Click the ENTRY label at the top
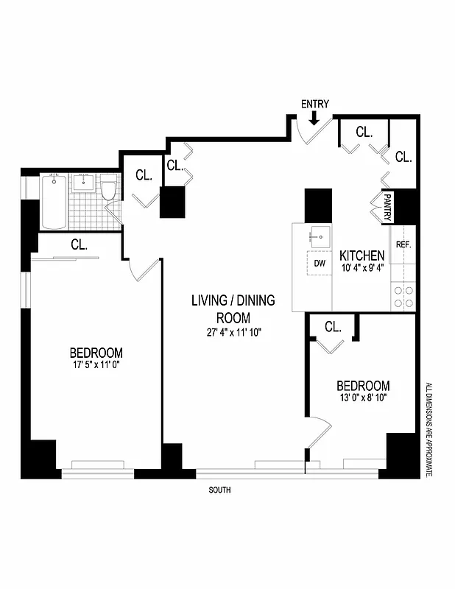pyautogui.click(x=314, y=104)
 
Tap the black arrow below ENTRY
pyautogui.click(x=314, y=117)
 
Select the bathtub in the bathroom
pyautogui.click(x=54, y=202)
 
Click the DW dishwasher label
pyautogui.click(x=320, y=262)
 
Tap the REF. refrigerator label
pyautogui.click(x=403, y=244)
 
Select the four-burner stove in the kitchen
pyautogui.click(x=403, y=296)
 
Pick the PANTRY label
pyautogui.click(x=388, y=207)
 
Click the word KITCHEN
pyautogui.click(x=362, y=255)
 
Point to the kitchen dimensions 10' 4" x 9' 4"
pyautogui.click(x=362, y=268)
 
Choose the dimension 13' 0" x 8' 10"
pyautogui.click(x=363, y=398)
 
